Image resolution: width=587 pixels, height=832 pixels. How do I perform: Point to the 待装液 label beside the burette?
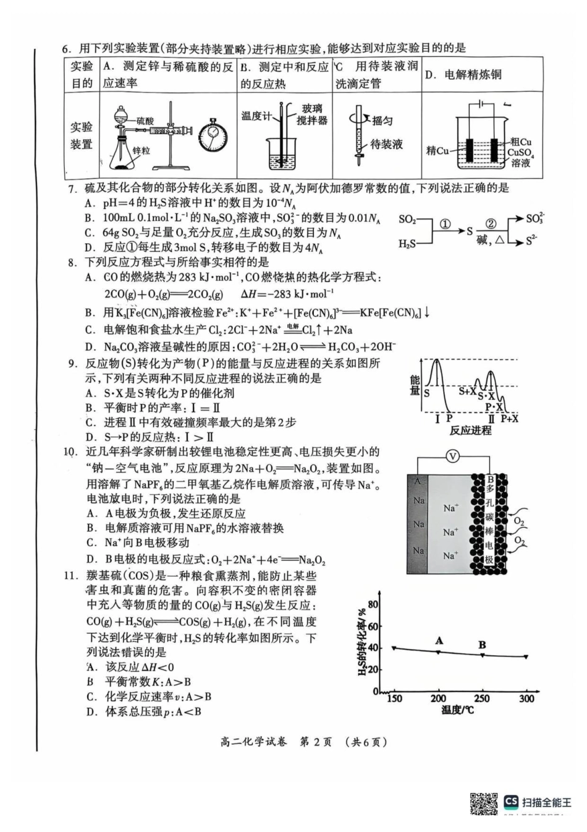coord(386,144)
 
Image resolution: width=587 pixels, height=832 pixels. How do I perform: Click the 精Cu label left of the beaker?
coord(437,150)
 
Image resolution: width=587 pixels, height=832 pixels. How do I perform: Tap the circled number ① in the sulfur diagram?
coord(444,224)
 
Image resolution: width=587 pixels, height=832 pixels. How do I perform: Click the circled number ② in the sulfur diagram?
coord(491,224)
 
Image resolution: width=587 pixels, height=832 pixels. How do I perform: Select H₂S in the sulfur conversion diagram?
coord(407,244)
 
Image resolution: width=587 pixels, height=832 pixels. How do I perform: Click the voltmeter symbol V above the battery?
coord(453,457)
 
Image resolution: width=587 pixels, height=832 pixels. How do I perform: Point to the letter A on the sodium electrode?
coord(418,481)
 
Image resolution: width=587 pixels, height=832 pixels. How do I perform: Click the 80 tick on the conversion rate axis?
coord(373,604)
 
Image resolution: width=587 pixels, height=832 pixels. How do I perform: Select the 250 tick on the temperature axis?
coord(482,698)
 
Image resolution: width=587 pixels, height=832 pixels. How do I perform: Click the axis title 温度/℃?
coord(458,710)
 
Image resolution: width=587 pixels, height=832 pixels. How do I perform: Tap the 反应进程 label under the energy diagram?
coord(470,430)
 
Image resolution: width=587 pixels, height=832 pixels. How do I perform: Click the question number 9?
coord(72,363)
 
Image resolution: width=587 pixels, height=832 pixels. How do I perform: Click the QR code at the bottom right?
coord(484,804)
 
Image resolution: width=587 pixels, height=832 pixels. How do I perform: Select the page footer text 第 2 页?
coord(315,742)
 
